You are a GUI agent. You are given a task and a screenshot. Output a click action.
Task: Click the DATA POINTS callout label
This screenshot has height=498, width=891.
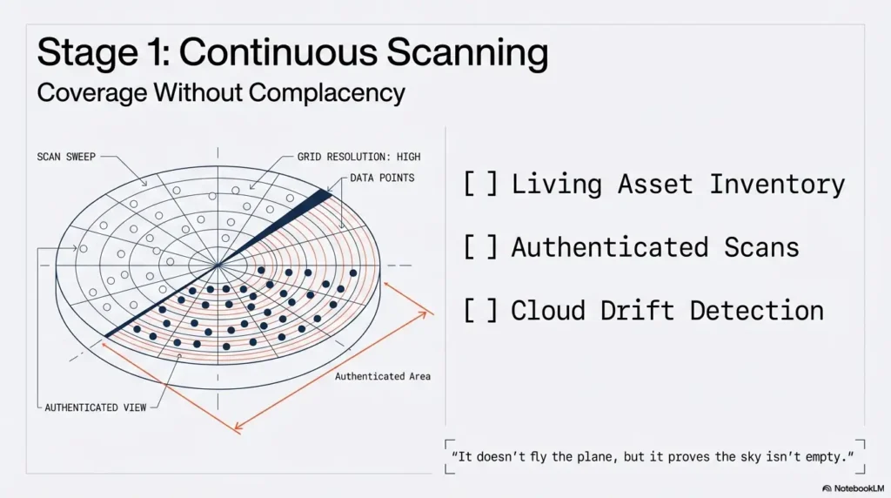pos(383,178)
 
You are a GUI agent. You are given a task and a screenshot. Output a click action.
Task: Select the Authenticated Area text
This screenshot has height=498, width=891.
pos(383,376)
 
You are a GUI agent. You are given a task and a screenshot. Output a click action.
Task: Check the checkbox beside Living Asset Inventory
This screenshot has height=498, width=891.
pos(480,185)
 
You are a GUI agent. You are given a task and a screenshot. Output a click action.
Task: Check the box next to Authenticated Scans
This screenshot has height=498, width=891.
pos(480,247)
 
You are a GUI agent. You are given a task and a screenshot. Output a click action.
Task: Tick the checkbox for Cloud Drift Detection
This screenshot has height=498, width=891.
pos(480,311)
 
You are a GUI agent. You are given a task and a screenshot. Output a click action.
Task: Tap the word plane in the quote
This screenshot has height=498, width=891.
pos(602,456)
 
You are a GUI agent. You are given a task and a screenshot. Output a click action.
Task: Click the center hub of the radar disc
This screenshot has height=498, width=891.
pos(218,265)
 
